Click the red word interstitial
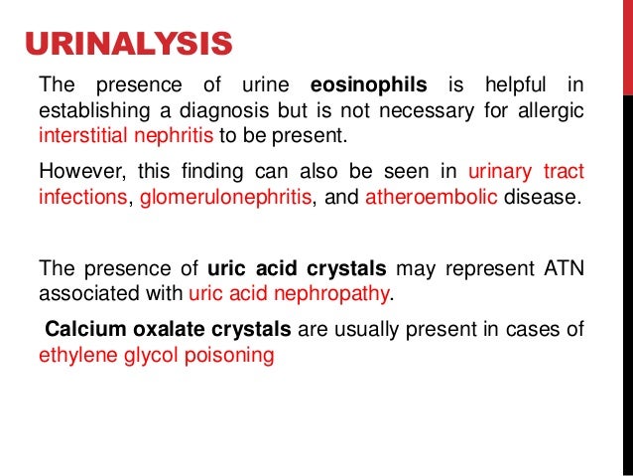[83, 134]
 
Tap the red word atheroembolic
[431, 195]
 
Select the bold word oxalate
[158, 330]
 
